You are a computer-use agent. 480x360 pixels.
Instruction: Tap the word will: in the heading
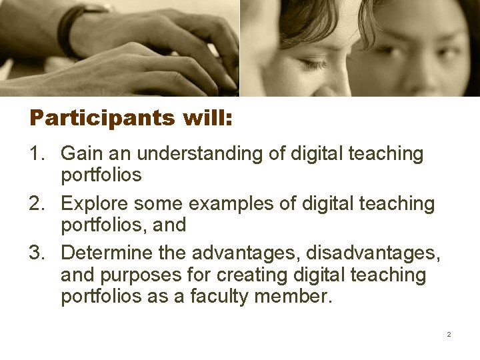point(203,118)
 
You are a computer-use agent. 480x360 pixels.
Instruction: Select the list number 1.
point(37,154)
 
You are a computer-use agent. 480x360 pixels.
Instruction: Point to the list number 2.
point(37,203)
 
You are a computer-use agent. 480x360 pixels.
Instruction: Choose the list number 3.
point(37,253)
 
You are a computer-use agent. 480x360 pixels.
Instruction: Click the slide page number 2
point(449,334)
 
